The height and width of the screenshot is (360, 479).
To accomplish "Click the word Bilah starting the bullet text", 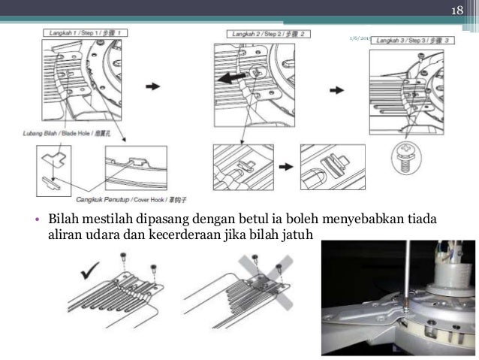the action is (x=64, y=219).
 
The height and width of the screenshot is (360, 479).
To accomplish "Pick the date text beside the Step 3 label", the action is (x=359, y=38).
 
